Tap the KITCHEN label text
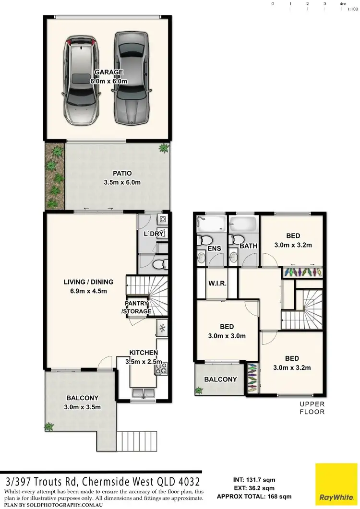[x=143, y=353]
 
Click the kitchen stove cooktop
[x=161, y=368]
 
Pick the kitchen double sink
[x=143, y=392]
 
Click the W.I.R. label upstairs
[x=216, y=283]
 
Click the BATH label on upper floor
[x=249, y=246]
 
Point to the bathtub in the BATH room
[x=243, y=224]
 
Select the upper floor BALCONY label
[x=221, y=379]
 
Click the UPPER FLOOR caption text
[x=312, y=408]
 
